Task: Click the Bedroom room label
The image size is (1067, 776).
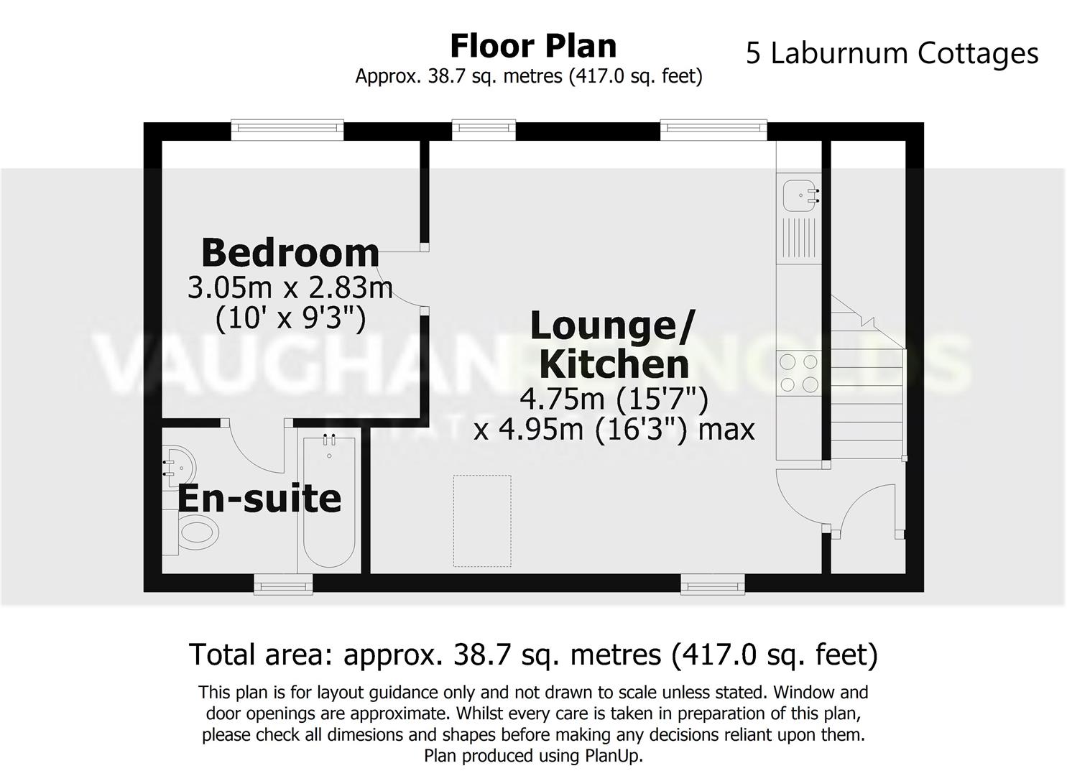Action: point(290,253)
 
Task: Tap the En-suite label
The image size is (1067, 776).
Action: point(259,499)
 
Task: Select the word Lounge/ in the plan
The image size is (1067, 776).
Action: point(612,326)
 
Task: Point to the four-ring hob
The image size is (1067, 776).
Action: point(799,374)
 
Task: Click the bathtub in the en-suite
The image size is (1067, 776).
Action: point(329,503)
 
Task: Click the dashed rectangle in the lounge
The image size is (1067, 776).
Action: point(482,520)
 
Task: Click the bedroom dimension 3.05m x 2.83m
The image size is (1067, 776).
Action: point(290,288)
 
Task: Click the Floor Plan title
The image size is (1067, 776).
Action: point(533,46)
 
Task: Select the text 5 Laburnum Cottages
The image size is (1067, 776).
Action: point(892,54)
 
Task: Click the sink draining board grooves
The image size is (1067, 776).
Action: point(798,237)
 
